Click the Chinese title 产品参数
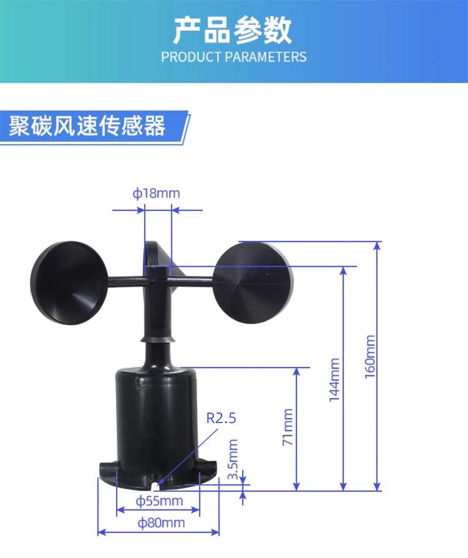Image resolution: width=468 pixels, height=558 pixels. click(x=233, y=29)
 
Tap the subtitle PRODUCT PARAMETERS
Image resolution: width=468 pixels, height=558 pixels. click(x=233, y=57)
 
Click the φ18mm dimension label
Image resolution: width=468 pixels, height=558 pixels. click(x=156, y=193)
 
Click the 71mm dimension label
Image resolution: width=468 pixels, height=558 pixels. click(x=288, y=427)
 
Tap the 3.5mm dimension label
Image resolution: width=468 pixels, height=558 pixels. click(x=233, y=460)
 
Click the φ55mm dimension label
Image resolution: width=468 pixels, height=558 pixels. click(x=160, y=501)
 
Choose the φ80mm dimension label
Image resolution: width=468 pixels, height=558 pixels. click(x=160, y=522)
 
